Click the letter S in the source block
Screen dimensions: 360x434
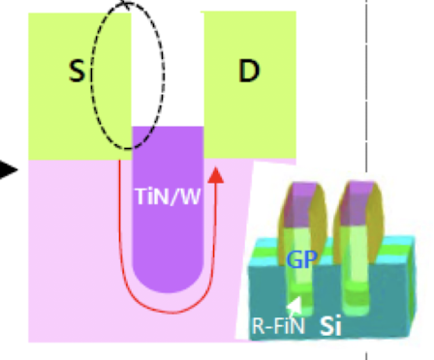pyautogui.click(x=76, y=72)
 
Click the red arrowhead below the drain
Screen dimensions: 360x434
pyautogui.click(x=217, y=177)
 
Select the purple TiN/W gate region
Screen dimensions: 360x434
pyautogui.click(x=167, y=232)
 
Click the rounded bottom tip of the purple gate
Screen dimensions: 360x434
pyautogui.click(x=167, y=284)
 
